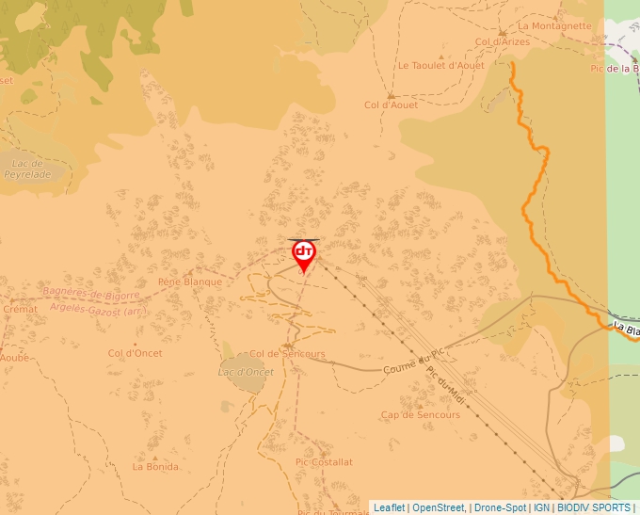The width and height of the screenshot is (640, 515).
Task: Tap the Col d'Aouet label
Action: point(391,105)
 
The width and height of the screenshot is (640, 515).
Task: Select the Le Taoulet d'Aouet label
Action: point(440,66)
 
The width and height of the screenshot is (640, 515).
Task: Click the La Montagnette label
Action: point(554,26)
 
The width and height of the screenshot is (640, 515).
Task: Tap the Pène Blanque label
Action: point(190,282)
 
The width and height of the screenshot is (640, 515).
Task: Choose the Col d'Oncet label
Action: point(135,353)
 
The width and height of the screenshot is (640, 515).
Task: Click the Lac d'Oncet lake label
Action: point(245,372)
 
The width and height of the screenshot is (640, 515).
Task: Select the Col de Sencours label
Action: point(287,354)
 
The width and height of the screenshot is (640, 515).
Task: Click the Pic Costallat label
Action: point(324,462)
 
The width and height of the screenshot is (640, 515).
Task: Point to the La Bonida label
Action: point(155,466)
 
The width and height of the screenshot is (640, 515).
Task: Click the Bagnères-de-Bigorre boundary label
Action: point(91,294)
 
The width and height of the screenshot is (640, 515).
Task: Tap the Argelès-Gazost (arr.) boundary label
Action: point(98,308)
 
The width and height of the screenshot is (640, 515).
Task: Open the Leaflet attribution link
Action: point(389,507)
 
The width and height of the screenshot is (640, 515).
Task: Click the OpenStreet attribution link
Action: point(438,507)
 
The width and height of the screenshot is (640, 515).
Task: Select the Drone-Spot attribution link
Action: point(500,507)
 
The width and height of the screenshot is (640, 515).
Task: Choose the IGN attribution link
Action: point(541,507)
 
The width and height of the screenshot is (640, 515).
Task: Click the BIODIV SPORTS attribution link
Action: point(594,507)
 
